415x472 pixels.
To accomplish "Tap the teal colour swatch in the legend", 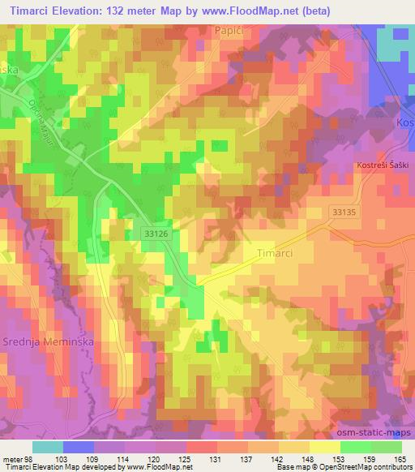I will (48, 447).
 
